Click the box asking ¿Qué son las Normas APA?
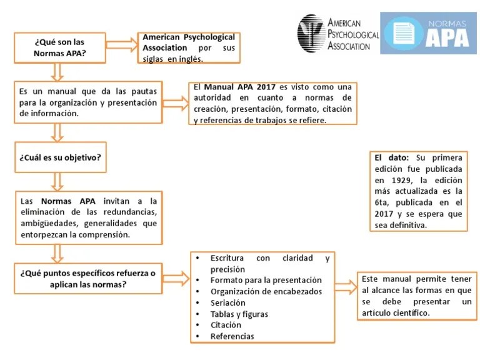(59, 47)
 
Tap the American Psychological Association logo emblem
(310, 33)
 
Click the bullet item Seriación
(227, 302)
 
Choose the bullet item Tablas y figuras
(239, 314)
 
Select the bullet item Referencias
(232, 336)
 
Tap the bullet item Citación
(225, 325)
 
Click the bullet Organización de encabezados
(266, 291)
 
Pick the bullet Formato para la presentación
(266, 280)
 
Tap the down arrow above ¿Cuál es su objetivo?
(57, 131)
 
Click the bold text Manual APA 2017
(239, 87)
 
